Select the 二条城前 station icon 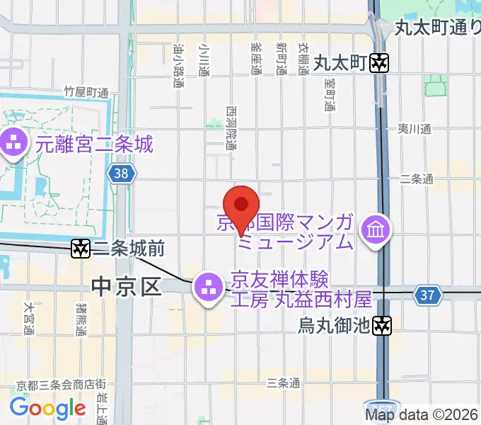(81, 248)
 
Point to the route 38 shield (120, 173)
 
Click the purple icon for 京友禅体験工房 (208, 287)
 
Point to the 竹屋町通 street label (86, 92)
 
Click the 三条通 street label (283, 383)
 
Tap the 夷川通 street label (414, 129)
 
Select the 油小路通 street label (179, 66)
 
